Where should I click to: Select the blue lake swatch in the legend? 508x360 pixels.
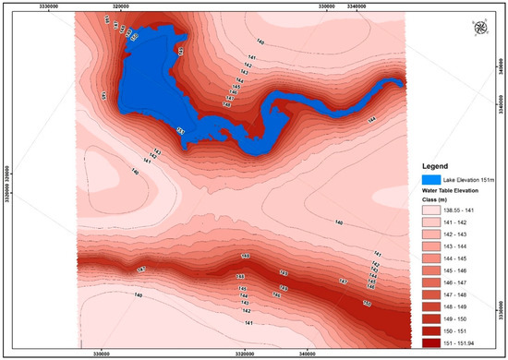429,178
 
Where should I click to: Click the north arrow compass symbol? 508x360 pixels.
478,26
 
